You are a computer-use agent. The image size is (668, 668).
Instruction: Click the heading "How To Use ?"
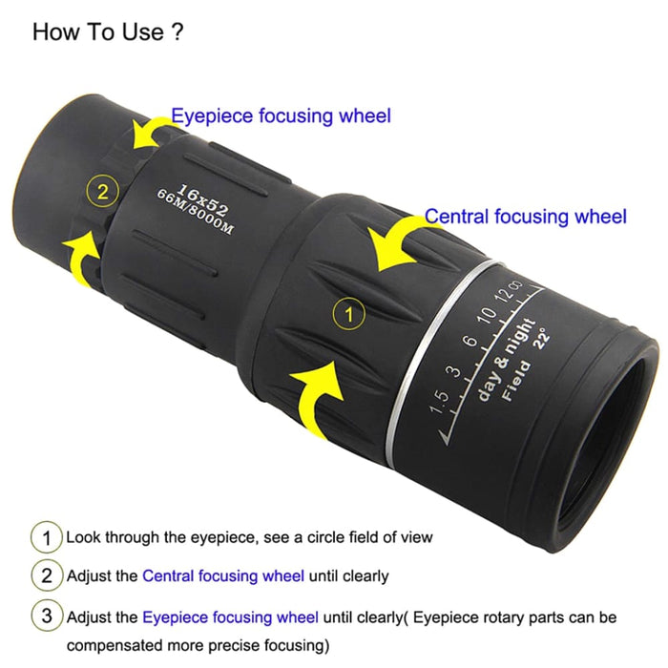point(108,31)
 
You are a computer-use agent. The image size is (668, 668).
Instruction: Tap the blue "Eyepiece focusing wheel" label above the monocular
point(281,116)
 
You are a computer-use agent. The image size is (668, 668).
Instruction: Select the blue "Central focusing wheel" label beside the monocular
point(525,217)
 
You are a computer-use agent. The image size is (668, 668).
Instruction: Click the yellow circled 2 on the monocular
point(102,190)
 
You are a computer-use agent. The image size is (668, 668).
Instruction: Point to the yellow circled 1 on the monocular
point(349,312)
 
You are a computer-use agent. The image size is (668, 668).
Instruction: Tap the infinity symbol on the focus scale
point(515,283)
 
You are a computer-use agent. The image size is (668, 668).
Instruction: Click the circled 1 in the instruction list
point(47,537)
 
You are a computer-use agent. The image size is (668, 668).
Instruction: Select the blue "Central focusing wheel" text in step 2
point(223,576)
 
